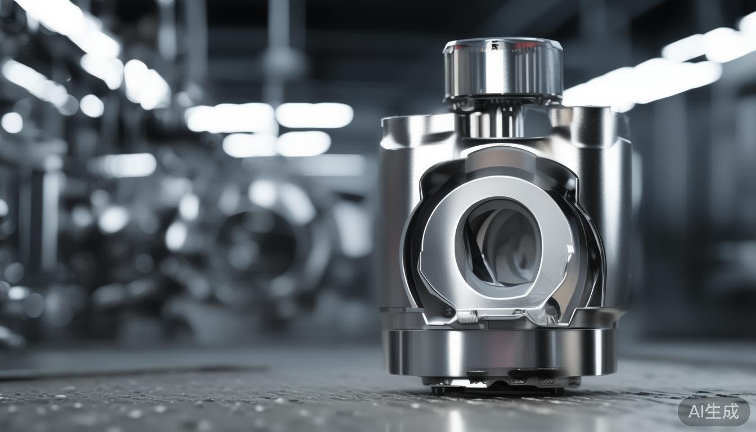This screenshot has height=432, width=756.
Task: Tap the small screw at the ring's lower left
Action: (x=448, y=311)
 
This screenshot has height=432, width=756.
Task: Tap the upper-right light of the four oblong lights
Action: (x=314, y=115)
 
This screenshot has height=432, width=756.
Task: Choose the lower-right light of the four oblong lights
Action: (x=303, y=143)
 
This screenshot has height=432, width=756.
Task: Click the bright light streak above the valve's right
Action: (x=647, y=84)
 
